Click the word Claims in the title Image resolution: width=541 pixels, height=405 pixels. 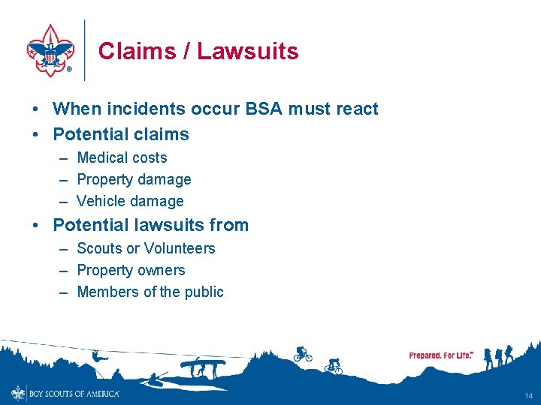click(x=131, y=51)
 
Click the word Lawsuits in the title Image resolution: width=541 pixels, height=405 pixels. click(x=248, y=51)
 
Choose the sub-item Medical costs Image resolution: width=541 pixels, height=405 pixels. click(x=122, y=157)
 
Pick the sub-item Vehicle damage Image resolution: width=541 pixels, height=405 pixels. click(x=130, y=201)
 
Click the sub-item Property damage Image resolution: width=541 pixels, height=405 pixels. click(x=134, y=179)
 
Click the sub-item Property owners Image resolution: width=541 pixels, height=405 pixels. click(x=131, y=270)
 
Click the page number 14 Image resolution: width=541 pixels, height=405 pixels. click(x=529, y=394)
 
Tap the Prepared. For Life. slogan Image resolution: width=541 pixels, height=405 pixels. click(x=441, y=355)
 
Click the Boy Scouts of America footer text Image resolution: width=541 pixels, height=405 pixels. click(x=74, y=393)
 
